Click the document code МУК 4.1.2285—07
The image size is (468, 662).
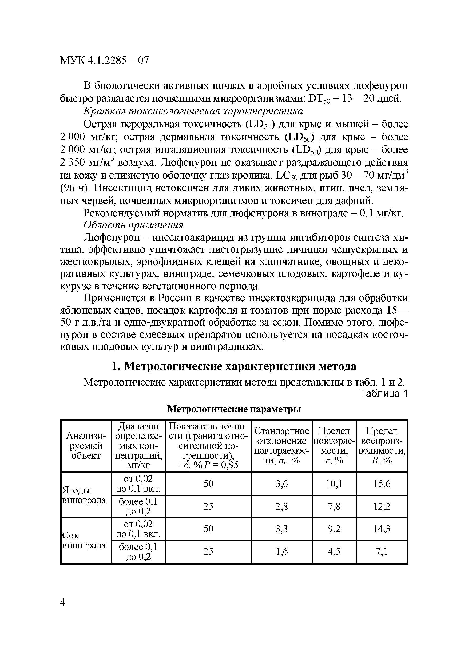point(104,61)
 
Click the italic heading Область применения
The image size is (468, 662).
point(133,225)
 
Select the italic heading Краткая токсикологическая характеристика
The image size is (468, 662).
point(193,111)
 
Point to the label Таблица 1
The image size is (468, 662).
point(384,394)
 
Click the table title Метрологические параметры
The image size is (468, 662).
point(234,409)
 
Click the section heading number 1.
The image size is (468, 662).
point(114,367)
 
